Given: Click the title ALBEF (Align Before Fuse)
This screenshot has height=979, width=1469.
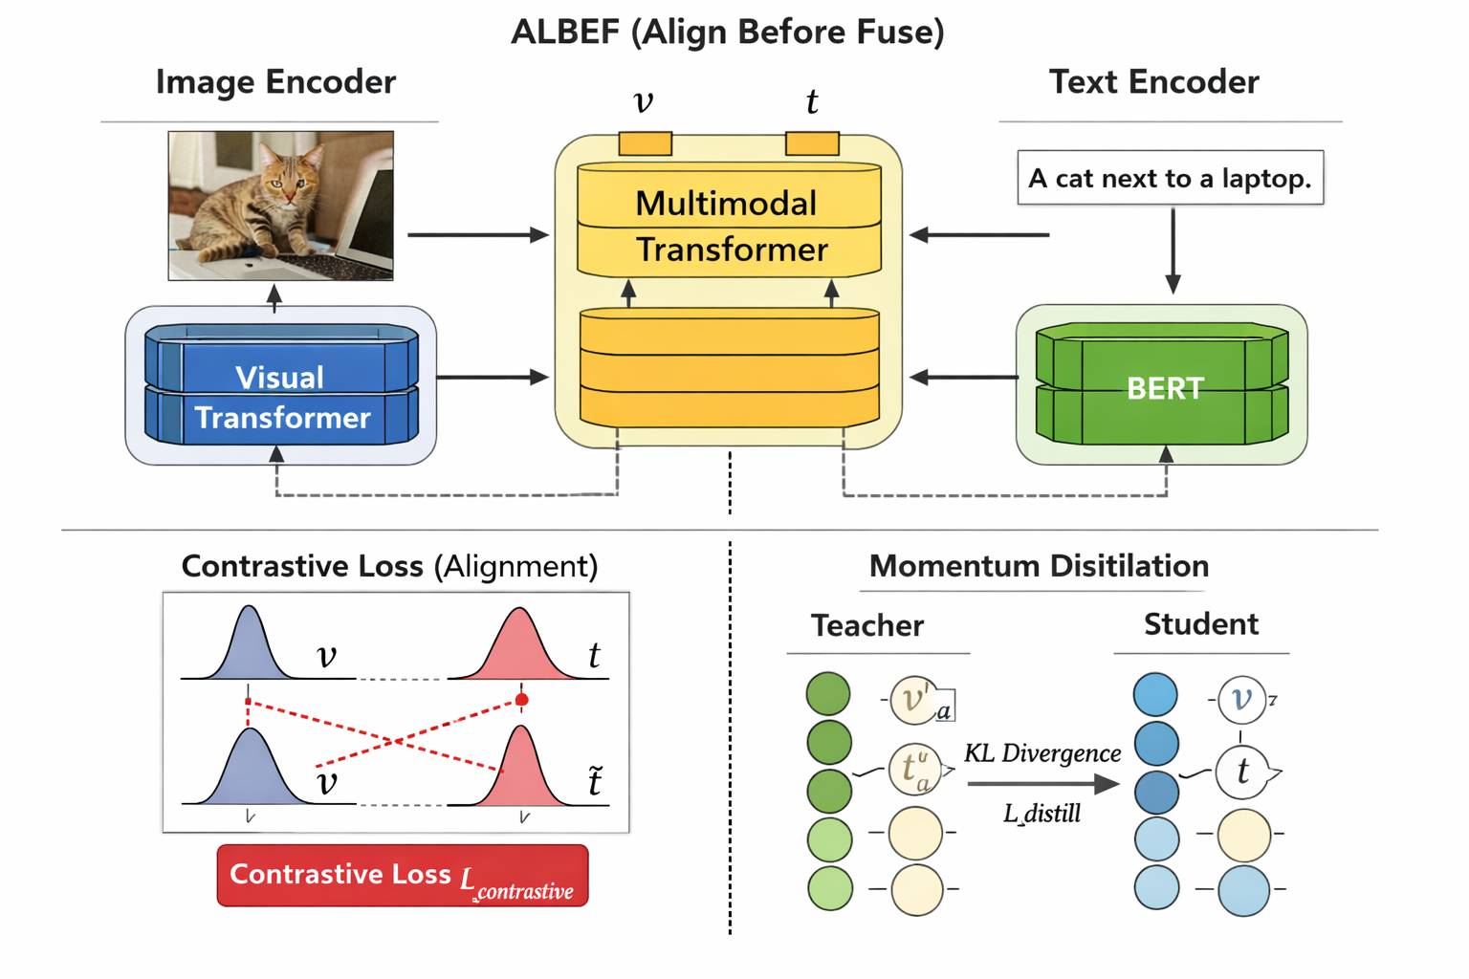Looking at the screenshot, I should pos(727,33).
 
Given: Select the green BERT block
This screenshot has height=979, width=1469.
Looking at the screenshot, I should pos(1162,386).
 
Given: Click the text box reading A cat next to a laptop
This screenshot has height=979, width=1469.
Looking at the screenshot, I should pos(1170,178).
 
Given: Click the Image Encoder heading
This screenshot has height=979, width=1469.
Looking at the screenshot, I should pos(275,82).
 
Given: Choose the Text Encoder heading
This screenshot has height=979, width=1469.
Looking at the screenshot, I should pos(1153,82).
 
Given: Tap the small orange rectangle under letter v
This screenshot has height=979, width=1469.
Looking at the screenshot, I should pos(645,143).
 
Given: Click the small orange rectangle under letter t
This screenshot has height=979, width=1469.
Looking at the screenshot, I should pos(812,143).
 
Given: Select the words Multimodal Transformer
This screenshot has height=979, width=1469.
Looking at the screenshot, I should pos(729,226).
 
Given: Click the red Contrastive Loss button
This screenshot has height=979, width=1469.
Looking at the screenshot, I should pos(402,876).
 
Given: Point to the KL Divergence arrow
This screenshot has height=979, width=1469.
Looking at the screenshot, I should pos(1042,784).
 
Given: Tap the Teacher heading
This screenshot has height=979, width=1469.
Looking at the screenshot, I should pos(866,625).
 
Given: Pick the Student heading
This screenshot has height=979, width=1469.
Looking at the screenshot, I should pos(1200,624).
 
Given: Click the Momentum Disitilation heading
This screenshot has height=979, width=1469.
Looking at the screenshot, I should pos(1039,566).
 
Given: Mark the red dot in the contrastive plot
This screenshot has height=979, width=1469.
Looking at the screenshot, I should pos(521,700).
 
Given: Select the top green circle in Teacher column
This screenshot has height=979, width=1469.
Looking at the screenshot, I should pos(828,693).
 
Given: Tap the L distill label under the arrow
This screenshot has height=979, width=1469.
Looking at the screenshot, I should pos(1042,815).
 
